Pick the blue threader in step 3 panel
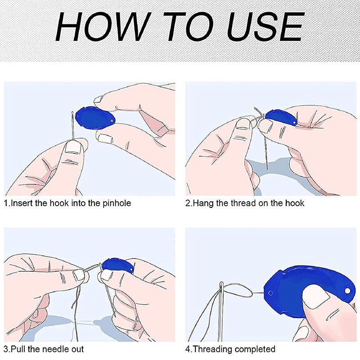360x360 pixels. coord(117,266)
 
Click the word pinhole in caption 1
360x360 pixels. coord(117,203)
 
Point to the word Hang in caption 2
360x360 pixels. coord(202,203)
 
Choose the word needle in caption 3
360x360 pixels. coord(55,349)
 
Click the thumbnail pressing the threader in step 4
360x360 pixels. coord(316,298)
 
